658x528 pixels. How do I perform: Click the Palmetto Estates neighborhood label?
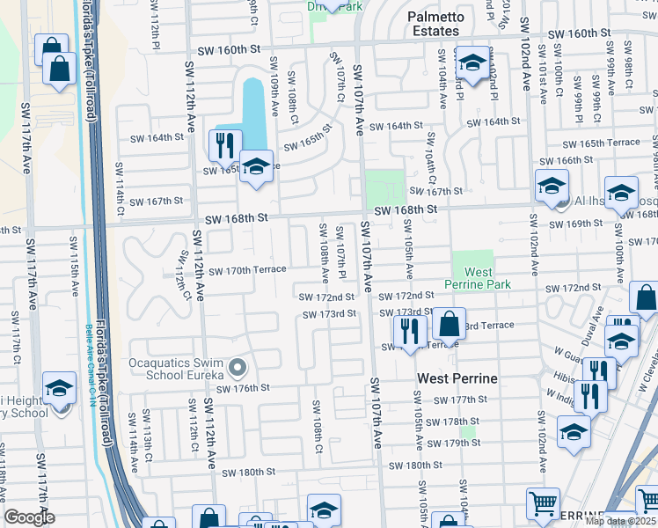tap(433, 24)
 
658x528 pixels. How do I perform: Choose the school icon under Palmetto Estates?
tap(472, 62)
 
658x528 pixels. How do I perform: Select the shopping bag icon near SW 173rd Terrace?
tap(449, 324)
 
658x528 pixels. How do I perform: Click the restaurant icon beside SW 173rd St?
tap(409, 330)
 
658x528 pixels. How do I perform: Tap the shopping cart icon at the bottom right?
tap(543, 503)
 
